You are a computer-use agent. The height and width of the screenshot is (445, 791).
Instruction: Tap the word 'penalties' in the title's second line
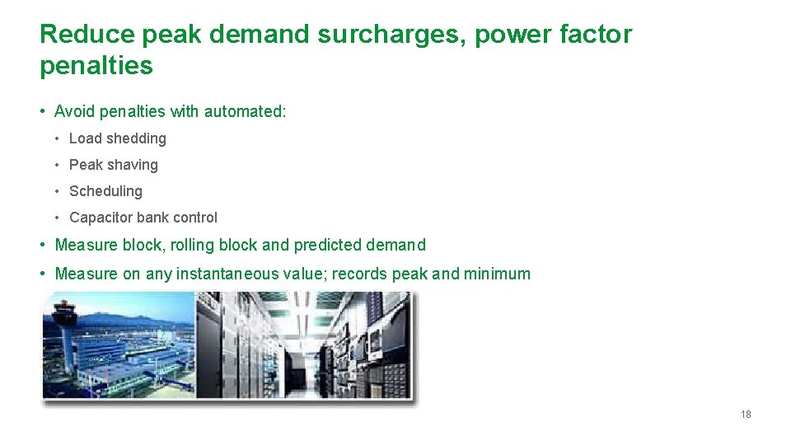tap(96, 66)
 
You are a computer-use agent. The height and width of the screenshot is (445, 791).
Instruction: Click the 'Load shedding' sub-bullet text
tap(118, 138)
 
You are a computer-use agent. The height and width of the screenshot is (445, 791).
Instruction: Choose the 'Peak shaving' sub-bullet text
tap(114, 165)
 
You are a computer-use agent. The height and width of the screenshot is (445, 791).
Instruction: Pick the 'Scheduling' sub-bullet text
tap(105, 191)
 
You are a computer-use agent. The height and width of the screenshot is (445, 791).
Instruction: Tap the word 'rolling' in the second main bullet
tap(194, 245)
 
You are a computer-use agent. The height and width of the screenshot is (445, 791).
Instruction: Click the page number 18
tap(746, 415)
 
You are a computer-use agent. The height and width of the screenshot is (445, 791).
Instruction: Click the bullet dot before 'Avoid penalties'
tap(44, 111)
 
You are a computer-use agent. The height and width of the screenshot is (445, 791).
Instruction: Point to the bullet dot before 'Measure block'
tap(44, 245)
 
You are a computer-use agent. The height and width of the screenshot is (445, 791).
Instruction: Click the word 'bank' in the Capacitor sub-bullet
tap(157, 218)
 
